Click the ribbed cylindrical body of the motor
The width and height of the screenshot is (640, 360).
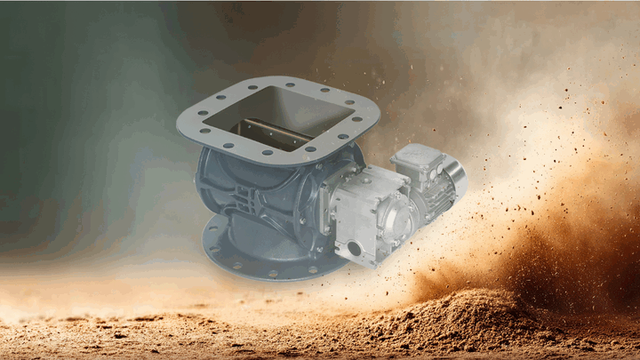pyautogui.click(x=431, y=191)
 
